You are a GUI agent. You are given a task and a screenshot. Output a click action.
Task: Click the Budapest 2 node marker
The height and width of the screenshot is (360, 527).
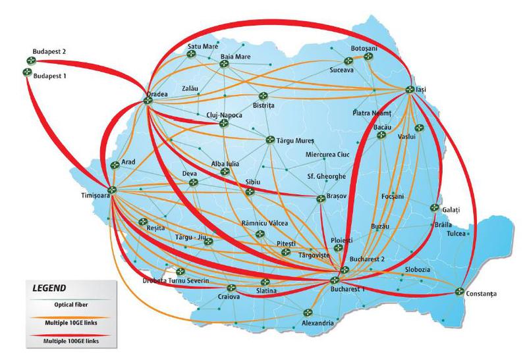(x=30, y=61)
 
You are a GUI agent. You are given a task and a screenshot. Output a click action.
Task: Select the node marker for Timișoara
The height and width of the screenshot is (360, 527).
(x=112, y=190)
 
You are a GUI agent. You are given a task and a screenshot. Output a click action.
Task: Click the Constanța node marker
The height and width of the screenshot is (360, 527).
(x=460, y=291)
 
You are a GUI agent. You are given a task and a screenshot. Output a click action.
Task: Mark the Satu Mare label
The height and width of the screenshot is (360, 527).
(x=202, y=47)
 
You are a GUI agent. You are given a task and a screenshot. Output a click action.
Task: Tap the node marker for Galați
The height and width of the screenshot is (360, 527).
(x=434, y=208)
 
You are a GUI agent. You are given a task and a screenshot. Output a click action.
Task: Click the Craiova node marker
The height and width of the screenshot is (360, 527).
(x=231, y=288)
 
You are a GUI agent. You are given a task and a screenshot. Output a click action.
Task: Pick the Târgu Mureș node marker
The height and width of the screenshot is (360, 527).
(x=269, y=140)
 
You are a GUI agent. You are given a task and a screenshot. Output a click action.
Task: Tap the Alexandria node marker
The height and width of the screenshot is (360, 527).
(x=307, y=312)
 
